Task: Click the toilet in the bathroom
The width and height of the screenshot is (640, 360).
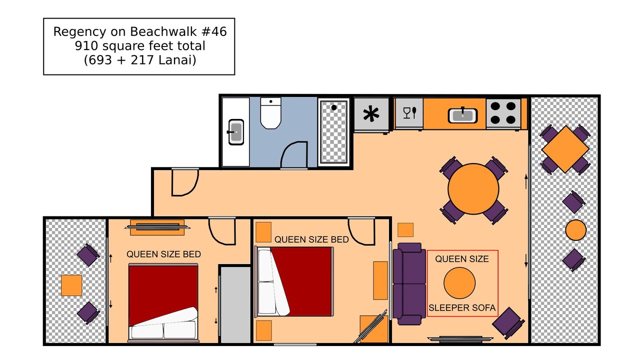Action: click(270, 113)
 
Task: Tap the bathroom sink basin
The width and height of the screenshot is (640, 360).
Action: click(236, 132)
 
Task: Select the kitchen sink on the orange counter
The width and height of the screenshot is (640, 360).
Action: click(462, 115)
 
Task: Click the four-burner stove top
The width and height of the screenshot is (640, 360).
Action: click(503, 113)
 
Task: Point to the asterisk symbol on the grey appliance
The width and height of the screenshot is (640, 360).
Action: click(371, 113)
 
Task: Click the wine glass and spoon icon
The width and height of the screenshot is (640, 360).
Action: click(409, 112)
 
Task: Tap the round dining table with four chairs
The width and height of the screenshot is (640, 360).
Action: click(473, 189)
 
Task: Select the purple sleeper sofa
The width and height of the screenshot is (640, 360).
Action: click(409, 283)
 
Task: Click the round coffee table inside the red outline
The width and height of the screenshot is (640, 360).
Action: click(459, 283)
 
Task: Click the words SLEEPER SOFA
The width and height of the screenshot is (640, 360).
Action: click(462, 307)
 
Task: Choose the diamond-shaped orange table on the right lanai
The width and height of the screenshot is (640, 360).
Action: click(565, 149)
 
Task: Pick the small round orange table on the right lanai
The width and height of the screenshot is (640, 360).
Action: click(575, 230)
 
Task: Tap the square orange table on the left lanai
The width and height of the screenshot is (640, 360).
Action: click(71, 285)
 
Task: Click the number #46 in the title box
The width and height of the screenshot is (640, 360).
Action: click(214, 31)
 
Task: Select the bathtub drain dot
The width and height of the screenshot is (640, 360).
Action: click(333, 107)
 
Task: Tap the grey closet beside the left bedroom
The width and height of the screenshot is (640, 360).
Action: click(235, 304)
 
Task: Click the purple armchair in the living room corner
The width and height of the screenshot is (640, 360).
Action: click(508, 323)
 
